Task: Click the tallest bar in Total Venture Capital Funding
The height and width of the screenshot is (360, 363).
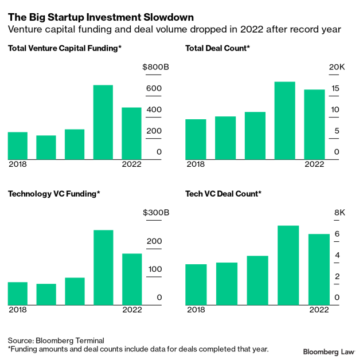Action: tap(103, 122)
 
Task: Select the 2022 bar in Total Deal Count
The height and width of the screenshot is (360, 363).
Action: tap(314, 124)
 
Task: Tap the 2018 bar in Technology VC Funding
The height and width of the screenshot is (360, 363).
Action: tap(18, 293)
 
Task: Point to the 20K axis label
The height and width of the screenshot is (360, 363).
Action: tap(337, 68)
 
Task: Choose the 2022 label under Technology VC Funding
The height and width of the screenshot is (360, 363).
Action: tap(132, 310)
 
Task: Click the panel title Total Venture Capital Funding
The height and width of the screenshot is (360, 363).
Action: tap(65, 49)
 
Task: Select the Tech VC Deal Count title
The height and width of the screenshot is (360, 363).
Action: tap(223, 194)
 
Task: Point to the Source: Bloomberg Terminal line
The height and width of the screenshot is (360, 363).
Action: tap(56, 340)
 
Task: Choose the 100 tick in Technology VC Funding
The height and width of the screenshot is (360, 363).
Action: tap(155, 269)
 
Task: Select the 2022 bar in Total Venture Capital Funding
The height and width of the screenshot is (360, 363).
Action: tap(132, 134)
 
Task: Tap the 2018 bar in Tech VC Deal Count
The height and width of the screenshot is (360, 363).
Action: tap(196, 284)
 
